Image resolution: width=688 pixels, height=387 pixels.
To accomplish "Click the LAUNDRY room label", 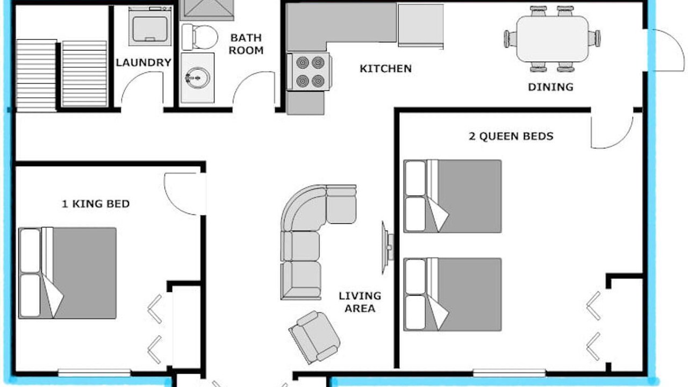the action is tap(144, 63).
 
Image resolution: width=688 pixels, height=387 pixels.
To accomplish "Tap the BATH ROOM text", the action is tap(246, 44).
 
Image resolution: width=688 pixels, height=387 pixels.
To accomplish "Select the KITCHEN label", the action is tap(386, 69).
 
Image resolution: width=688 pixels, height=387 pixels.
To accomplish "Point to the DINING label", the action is tap(551, 87).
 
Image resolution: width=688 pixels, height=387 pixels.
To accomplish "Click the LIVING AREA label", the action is tap(360, 302).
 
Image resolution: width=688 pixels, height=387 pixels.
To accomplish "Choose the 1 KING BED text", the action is tap(96, 204).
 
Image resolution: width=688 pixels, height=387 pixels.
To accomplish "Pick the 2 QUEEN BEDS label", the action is tap(511, 136).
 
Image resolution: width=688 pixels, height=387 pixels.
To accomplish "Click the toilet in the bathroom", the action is tap(199, 37).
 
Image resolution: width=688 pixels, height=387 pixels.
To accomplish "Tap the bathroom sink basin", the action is tap(197, 78).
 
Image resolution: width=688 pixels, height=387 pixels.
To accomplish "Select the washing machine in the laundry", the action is tap(150, 27).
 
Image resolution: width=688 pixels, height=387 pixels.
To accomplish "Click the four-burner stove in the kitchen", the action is tap(309, 72).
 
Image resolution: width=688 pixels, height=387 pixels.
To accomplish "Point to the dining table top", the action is tap(553, 39).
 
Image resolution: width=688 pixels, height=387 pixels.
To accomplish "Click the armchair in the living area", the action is tap(314, 337).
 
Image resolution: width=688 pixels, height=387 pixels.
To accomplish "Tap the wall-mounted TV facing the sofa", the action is tap(387, 247).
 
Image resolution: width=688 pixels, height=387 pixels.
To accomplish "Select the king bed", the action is tap(67, 273).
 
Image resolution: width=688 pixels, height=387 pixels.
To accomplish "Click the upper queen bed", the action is tap(453, 196).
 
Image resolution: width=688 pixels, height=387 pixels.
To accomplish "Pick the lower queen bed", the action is tap(453, 294).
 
